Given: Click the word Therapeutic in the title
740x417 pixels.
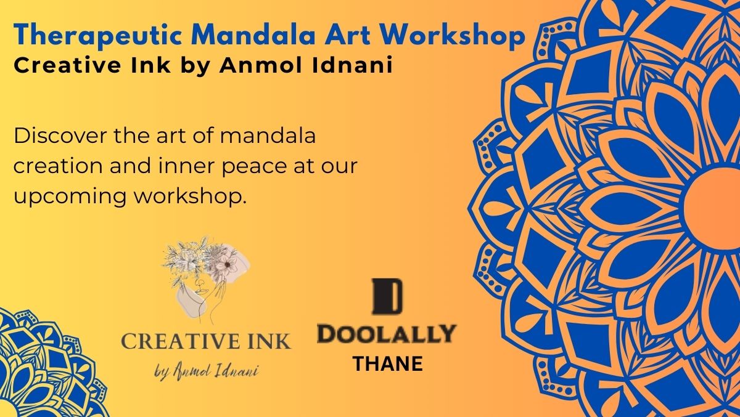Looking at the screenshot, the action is click(97, 35).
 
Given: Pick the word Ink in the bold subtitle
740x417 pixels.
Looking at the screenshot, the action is click(150, 65).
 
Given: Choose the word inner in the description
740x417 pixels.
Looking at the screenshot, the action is click(187, 166).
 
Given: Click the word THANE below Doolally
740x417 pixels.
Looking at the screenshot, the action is click(388, 363).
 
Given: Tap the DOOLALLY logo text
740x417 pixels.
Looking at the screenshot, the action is click(387, 333).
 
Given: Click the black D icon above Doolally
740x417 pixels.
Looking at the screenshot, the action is click(387, 296).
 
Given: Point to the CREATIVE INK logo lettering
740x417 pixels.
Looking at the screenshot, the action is click(206, 341).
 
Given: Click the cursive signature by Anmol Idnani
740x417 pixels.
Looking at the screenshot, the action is click(207, 371).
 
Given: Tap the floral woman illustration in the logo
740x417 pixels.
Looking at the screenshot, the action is click(206, 278).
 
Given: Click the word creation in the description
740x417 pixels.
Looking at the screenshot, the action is click(58, 166).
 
